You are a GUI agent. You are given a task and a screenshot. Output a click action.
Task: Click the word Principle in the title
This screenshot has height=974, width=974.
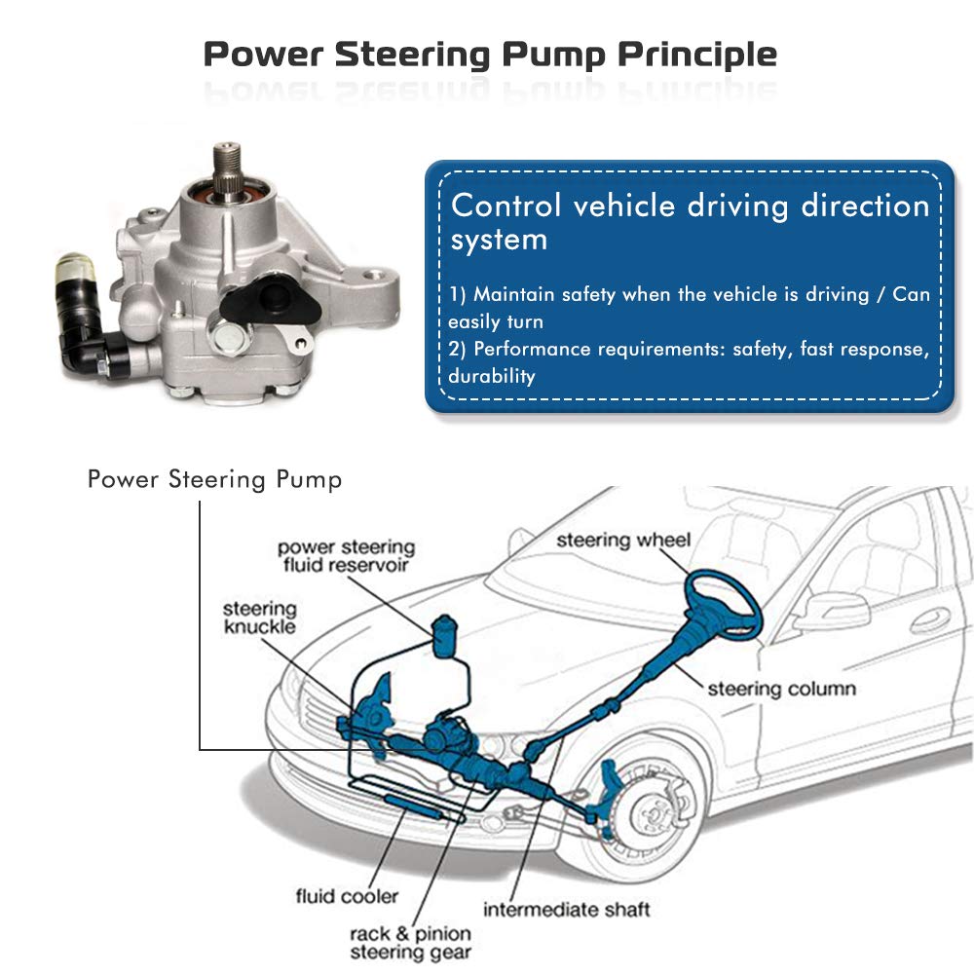pos(697,55)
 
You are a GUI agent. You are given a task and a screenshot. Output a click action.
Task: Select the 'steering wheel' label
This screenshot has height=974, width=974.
pos(623,540)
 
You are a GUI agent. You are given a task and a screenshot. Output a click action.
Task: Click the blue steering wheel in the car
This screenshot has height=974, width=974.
pos(723,606)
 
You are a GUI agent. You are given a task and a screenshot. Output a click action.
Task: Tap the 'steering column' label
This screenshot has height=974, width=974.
pos(781,689)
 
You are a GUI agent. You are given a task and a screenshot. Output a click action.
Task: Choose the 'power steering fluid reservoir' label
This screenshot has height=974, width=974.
pos(346,556)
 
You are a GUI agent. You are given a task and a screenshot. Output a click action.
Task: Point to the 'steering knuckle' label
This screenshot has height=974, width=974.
pos(260,618)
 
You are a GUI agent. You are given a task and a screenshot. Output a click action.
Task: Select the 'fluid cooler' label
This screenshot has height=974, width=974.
pos(347,896)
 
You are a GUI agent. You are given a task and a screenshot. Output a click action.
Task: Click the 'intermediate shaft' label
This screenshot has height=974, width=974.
pos(567,910)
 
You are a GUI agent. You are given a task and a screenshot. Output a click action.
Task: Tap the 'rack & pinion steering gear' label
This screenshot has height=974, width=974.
pos(411,942)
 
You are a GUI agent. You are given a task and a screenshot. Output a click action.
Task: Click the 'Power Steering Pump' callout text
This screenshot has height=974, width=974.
pos(215,480)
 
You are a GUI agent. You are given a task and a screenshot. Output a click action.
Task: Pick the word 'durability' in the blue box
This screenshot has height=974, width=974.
pos(491,376)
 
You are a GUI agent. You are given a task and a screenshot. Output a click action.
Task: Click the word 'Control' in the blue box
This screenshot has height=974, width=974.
pos(506,205)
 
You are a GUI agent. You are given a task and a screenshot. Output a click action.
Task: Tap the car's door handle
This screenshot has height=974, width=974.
pos(930,619)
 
